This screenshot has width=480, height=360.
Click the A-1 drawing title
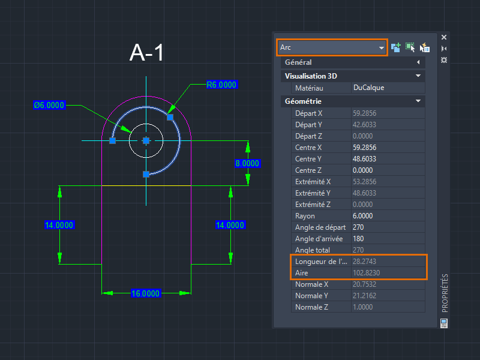(x=146, y=53)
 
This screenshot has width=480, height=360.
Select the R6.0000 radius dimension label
(x=221, y=85)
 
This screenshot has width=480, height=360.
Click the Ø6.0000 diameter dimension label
(x=49, y=106)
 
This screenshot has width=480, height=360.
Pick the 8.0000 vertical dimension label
(x=247, y=163)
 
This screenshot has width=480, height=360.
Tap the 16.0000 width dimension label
(x=145, y=293)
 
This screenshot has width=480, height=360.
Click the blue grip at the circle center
(x=146, y=141)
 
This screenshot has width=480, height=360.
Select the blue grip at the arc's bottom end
(x=146, y=174)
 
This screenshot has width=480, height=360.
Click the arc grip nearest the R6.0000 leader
(x=170, y=117)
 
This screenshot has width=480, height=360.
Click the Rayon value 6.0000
(x=363, y=216)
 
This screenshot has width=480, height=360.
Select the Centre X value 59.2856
(x=364, y=148)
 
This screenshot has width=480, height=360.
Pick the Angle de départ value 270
(x=358, y=227)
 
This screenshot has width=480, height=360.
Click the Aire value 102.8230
(x=366, y=273)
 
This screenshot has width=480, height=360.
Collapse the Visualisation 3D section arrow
(x=418, y=76)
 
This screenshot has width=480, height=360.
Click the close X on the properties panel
(x=444, y=37)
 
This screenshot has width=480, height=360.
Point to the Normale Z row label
(x=311, y=307)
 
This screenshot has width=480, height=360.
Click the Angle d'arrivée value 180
(x=358, y=239)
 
